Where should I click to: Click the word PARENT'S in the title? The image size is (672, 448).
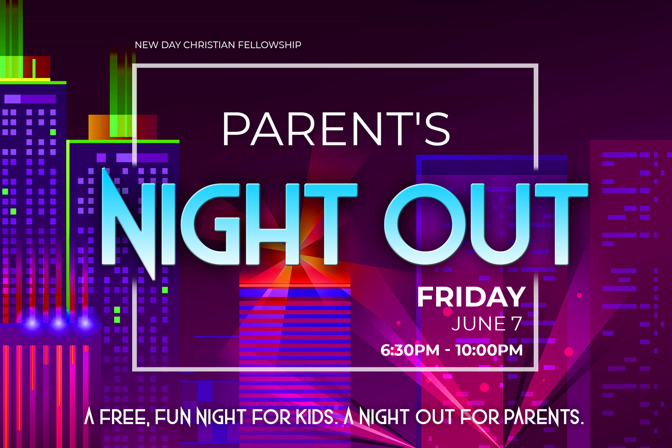tap(336, 129)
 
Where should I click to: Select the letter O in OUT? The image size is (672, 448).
tap(425, 224)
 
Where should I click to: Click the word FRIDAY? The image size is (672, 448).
tap(471, 297)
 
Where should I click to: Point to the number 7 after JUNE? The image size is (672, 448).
tap(517, 324)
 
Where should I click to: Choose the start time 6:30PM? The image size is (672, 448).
tap(410, 350)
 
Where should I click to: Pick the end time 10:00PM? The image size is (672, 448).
tap(489, 350)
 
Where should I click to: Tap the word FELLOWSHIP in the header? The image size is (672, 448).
tap(270, 45)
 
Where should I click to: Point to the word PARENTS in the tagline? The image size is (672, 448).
tap(544, 417)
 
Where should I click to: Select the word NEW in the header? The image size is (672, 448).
tap(146, 45)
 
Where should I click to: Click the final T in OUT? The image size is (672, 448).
tap(561, 224)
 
